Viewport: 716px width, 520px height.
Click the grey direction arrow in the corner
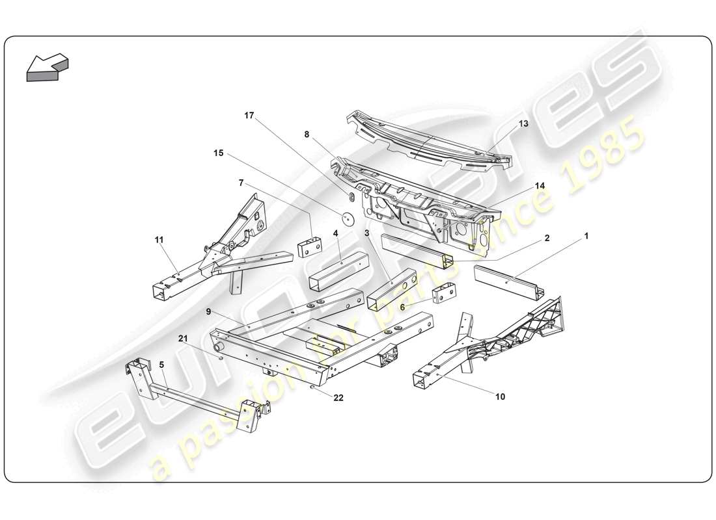[47, 67]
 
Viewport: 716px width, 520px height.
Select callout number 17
[249, 116]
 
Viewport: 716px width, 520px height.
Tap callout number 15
[218, 153]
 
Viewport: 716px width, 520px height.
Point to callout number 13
[523, 123]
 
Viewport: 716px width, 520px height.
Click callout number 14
[540, 185]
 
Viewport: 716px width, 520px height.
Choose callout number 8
[307, 135]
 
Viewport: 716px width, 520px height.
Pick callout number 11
[159, 240]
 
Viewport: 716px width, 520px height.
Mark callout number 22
[338, 398]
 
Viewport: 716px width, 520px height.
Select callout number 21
[184, 338]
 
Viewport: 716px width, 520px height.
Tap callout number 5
[161, 365]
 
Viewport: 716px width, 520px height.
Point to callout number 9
[208, 312]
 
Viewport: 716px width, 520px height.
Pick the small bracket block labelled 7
[311, 248]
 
